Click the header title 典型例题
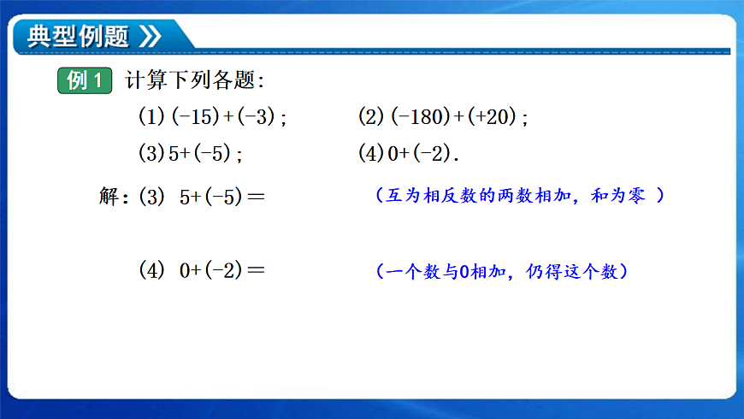tap(78, 36)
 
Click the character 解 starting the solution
tap(112, 197)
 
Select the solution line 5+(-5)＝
tap(222, 197)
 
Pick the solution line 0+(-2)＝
tap(222, 271)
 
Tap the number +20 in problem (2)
tap(499, 117)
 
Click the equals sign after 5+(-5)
tap(255, 198)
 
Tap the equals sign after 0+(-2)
tap(255, 272)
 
